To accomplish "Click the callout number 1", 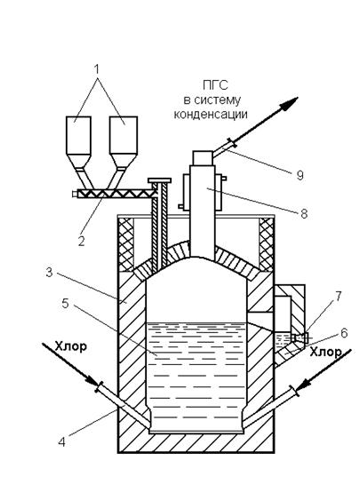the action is [x=97, y=69].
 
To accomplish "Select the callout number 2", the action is [x=82, y=242].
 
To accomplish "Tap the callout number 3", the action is [x=49, y=272].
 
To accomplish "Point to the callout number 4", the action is [x=61, y=441].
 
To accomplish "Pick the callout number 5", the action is [x=65, y=303].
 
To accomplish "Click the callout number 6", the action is [x=344, y=333].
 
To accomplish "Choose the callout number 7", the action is [x=338, y=296].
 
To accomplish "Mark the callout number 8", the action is [x=304, y=213].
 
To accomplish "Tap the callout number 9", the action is [x=300, y=175].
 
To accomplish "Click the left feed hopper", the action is [x=78, y=142].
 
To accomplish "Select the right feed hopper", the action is [x=124, y=142].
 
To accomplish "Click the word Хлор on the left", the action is [x=71, y=346].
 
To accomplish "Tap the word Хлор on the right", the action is [x=326, y=352].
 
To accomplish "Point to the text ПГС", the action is [x=215, y=85].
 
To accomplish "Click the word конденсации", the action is [x=211, y=115].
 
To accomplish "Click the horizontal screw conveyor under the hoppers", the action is [x=115, y=194].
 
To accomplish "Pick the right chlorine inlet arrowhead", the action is [x=304, y=385].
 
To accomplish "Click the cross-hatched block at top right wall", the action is [x=266, y=244].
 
